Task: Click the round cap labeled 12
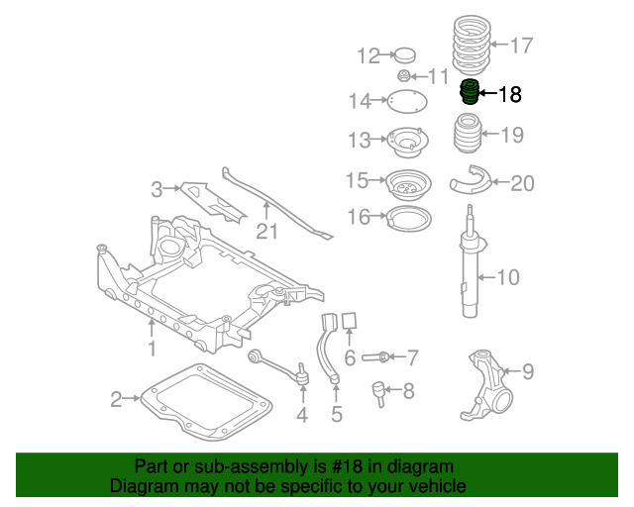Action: (x=404, y=54)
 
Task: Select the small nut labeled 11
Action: (x=404, y=77)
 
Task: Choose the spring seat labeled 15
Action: (x=405, y=183)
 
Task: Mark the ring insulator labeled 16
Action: (x=405, y=217)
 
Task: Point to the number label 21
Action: (x=265, y=232)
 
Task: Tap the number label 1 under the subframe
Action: (x=152, y=349)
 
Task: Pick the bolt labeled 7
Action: (x=379, y=356)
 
